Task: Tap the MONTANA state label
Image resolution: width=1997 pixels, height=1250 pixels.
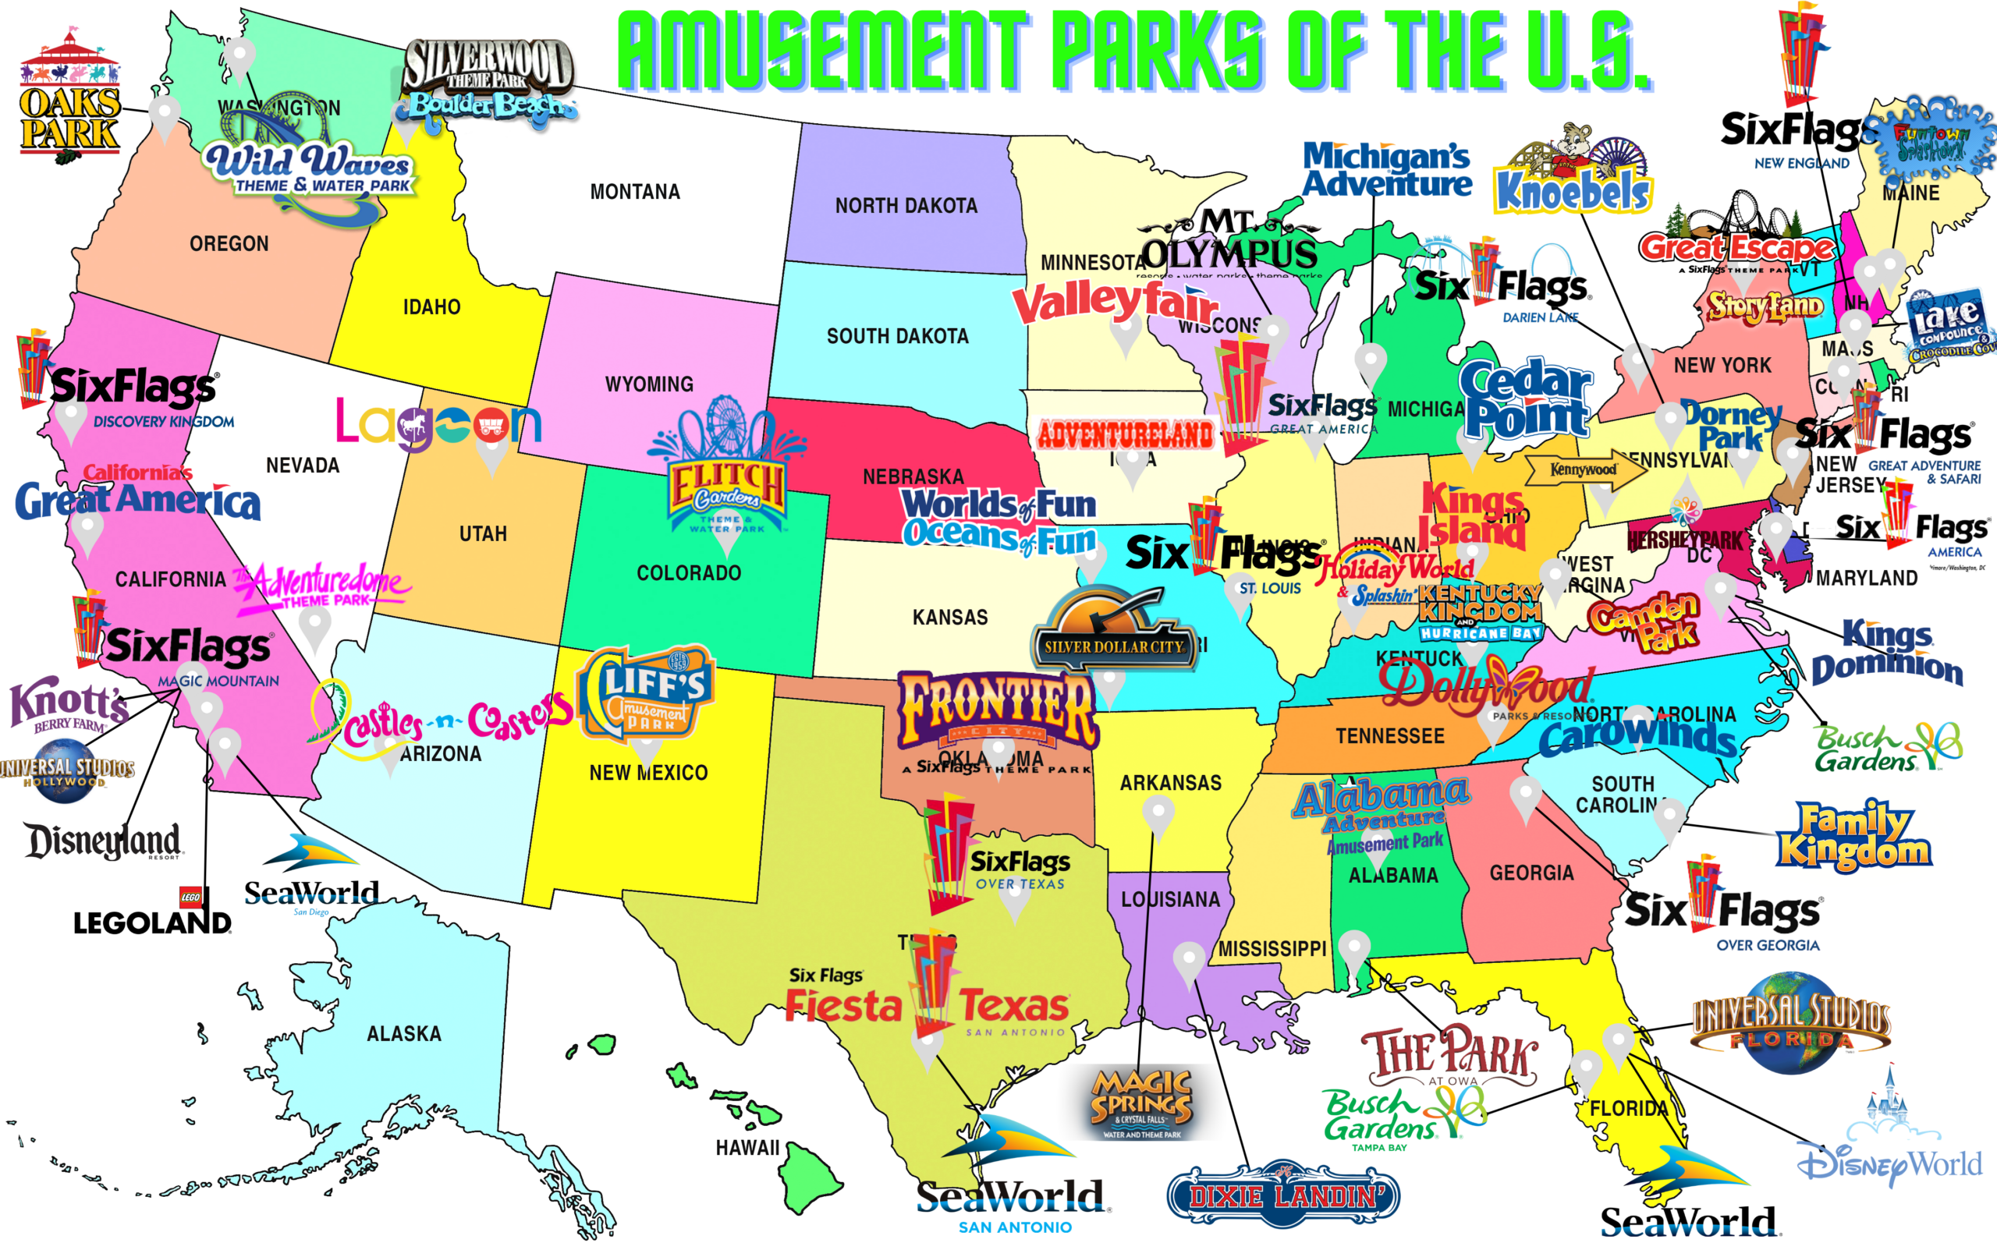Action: click(635, 192)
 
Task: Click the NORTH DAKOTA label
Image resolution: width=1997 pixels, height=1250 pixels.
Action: click(906, 206)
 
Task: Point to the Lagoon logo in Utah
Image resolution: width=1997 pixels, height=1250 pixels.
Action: click(438, 424)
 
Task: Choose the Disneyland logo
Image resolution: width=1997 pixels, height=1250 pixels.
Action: click(104, 841)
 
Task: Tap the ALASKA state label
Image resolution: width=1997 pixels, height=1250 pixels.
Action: click(403, 1034)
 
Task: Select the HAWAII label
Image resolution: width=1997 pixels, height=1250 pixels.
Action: click(747, 1148)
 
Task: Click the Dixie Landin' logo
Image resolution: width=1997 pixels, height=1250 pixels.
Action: click(1282, 1195)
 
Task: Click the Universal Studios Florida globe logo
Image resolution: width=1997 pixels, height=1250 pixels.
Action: click(1791, 1024)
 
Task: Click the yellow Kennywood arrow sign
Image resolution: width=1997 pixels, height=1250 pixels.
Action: click(1584, 469)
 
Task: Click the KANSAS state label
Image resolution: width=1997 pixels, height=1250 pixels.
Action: click(950, 618)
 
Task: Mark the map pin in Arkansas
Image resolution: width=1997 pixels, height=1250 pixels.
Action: click(1158, 814)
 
